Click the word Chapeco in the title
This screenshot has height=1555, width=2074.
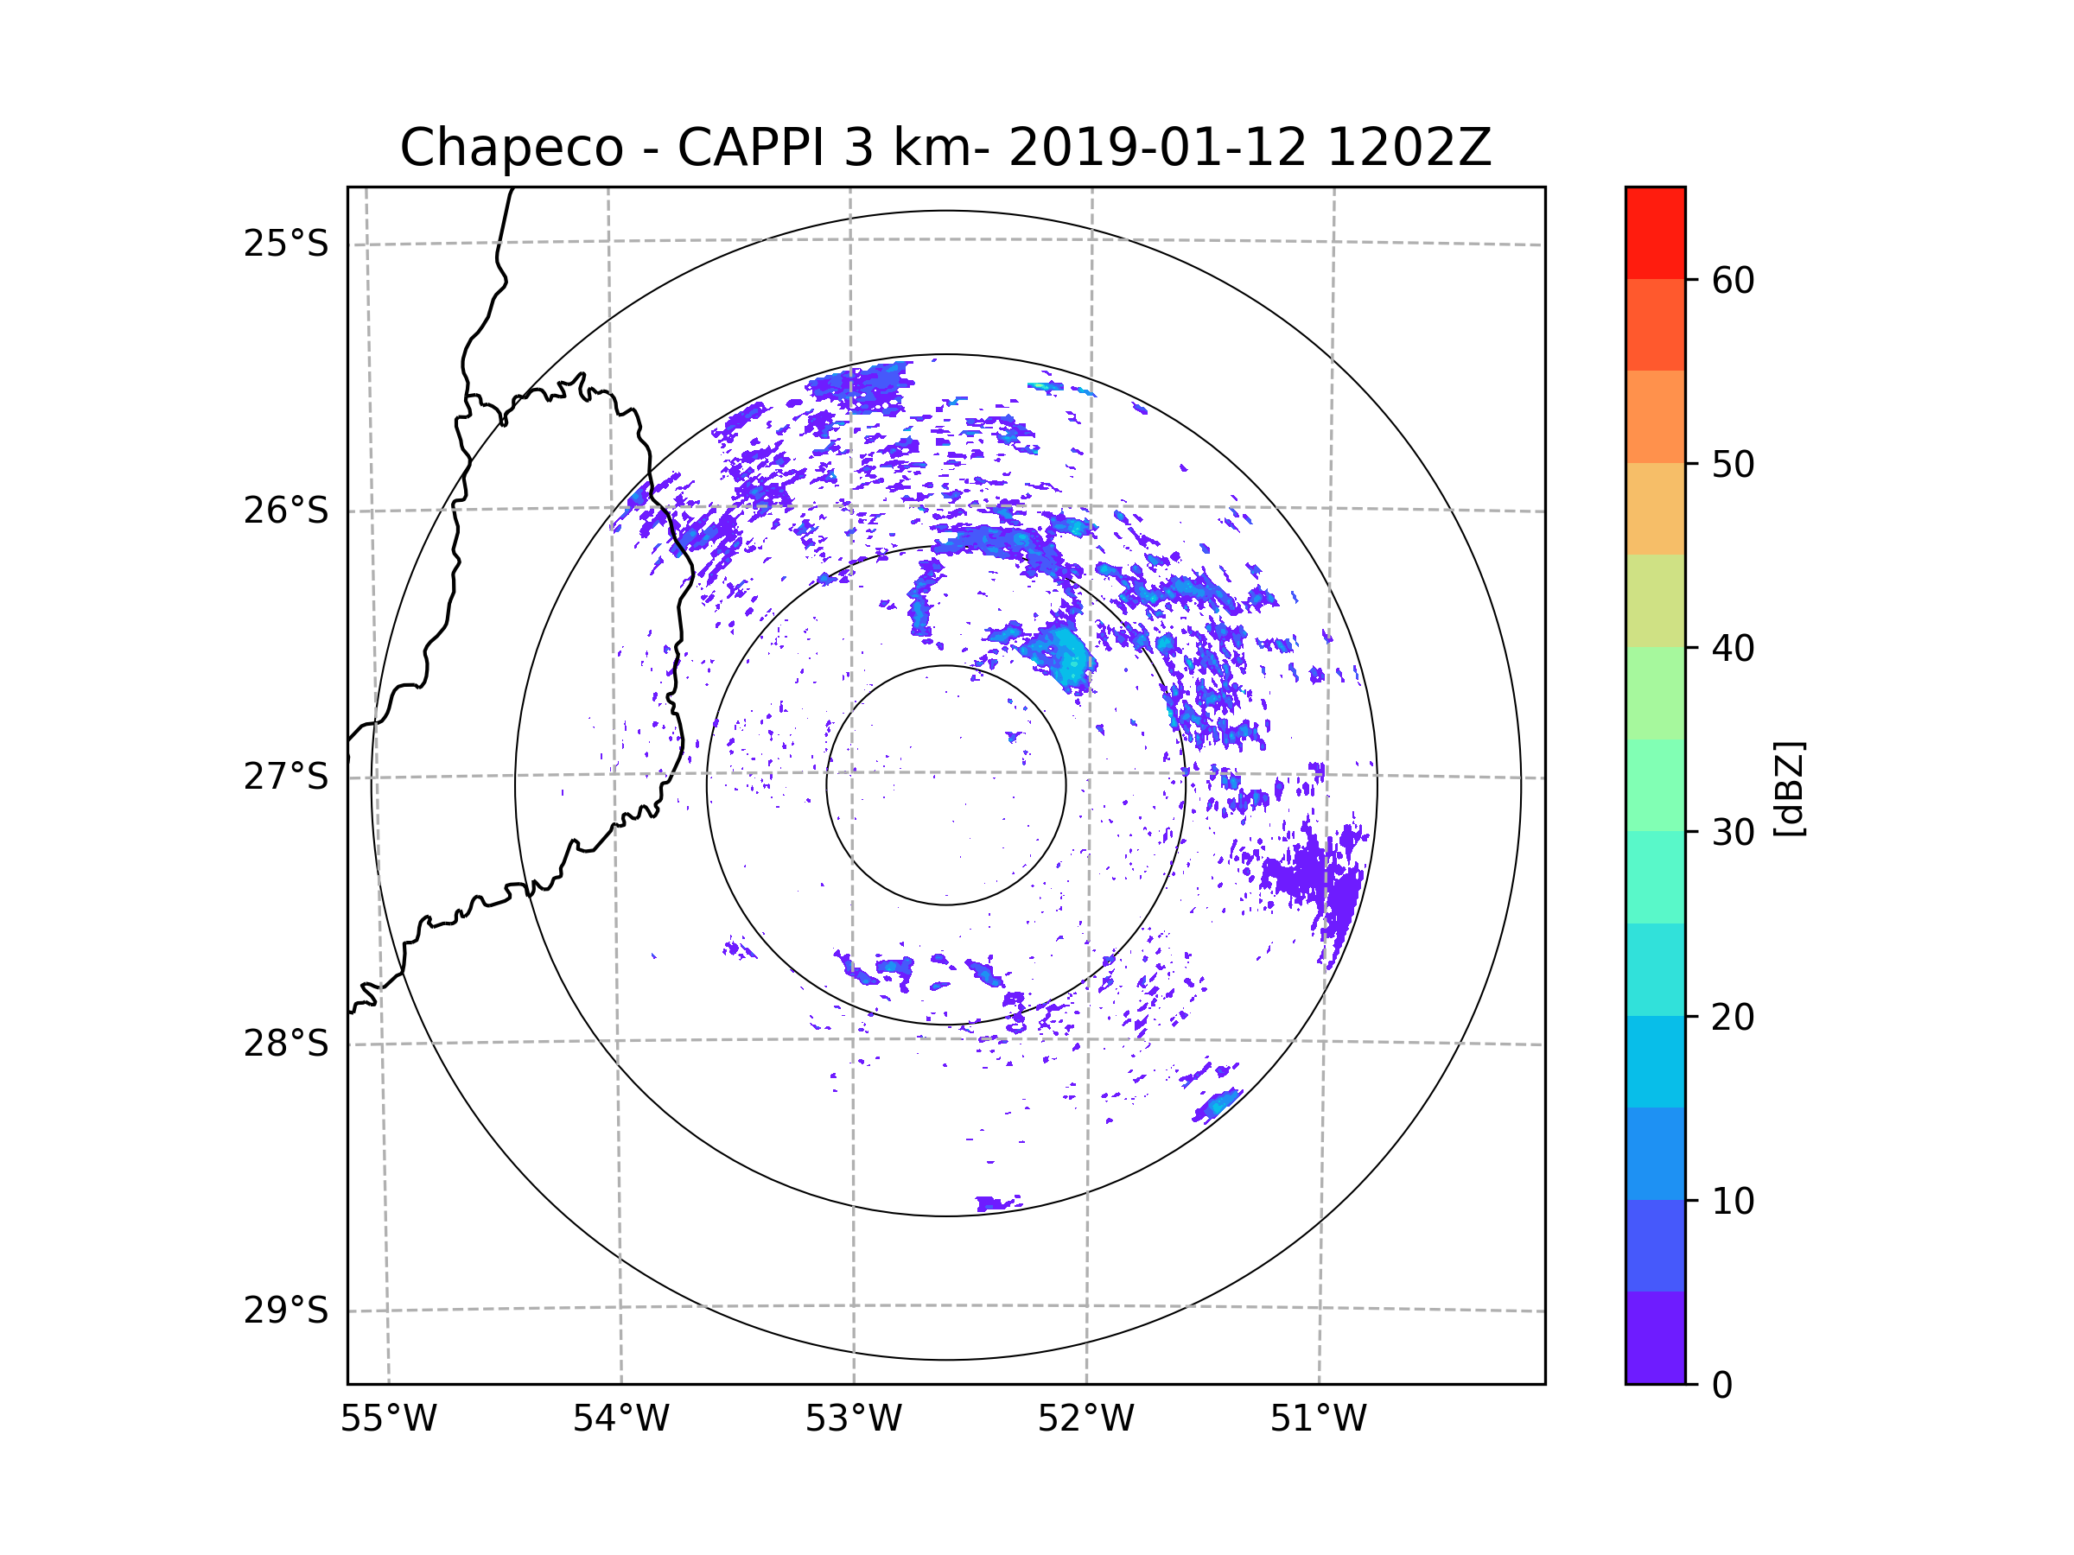[511, 148]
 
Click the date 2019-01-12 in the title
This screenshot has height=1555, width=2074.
[1157, 148]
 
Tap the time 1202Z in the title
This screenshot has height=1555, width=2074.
[1409, 148]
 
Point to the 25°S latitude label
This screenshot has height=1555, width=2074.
[286, 244]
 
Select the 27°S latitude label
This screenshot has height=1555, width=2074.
[286, 776]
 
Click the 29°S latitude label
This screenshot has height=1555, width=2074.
[286, 1311]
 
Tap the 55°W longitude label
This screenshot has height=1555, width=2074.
[388, 1419]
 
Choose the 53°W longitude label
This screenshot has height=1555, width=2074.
[853, 1419]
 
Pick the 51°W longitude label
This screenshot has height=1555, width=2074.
[1318, 1419]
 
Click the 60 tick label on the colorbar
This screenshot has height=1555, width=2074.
[1733, 280]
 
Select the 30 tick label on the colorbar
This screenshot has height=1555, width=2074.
[1733, 832]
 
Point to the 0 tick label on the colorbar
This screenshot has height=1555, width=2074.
[1722, 1386]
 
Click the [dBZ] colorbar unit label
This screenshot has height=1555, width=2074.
[1790, 790]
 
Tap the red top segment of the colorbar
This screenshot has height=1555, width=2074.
[1655, 232]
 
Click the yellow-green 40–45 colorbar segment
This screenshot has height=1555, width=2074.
[1655, 600]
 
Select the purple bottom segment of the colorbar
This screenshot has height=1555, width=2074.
[1655, 1337]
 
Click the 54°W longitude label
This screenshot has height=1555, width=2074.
[620, 1419]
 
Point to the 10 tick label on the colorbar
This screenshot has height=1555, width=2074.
[1733, 1201]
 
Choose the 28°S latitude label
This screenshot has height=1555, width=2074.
[286, 1044]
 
